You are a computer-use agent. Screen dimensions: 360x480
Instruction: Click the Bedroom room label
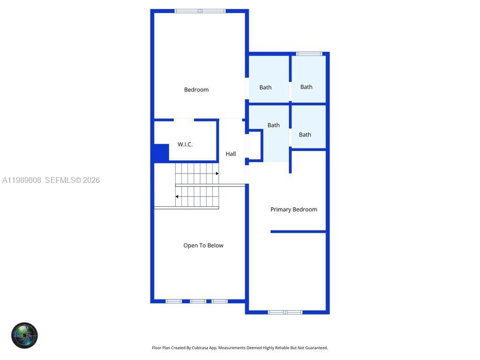click(x=196, y=90)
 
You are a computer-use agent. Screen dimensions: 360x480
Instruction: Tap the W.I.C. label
click(x=185, y=144)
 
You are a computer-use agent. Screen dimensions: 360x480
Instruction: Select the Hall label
click(x=231, y=154)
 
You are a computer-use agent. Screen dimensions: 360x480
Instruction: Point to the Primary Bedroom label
click(x=293, y=210)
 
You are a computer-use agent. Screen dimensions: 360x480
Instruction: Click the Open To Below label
click(x=203, y=245)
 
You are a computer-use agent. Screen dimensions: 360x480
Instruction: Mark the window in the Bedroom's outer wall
click(x=200, y=11)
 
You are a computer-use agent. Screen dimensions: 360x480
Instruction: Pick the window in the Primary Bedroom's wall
click(x=285, y=312)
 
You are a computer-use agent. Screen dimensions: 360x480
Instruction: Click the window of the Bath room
click(x=309, y=54)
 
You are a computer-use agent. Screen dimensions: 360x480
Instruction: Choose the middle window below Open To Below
click(x=198, y=301)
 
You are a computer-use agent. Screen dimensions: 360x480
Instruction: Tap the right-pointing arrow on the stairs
click(x=217, y=173)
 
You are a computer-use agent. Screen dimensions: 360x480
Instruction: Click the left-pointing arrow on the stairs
click(x=177, y=196)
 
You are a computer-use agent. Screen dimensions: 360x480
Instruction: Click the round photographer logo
click(x=24, y=335)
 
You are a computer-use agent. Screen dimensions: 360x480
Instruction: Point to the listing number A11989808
click(x=22, y=180)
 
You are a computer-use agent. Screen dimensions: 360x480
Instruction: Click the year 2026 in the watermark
click(x=91, y=180)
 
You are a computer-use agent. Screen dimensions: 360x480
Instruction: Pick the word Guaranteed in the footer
click(x=316, y=348)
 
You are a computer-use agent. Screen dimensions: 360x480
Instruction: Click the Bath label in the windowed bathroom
click(x=306, y=87)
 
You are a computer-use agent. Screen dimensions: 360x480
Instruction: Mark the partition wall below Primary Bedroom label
click(x=298, y=232)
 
